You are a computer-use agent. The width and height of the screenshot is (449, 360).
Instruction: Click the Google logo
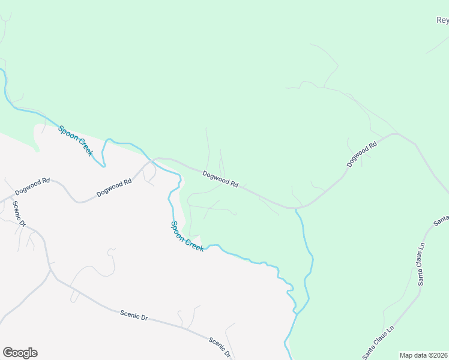pos(20,353)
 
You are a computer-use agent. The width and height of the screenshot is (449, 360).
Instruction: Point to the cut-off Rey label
pos(442,20)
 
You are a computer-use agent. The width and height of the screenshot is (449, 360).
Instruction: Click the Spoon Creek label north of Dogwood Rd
pos(76,140)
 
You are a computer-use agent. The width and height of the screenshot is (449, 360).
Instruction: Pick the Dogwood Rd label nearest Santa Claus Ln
pos(361,154)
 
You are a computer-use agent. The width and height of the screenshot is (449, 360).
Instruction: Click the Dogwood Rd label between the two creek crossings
pos(220,180)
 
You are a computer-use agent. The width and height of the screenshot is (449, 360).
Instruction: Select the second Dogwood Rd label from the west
pos(114,188)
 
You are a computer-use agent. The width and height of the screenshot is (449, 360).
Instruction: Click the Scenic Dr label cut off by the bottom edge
pos(220,347)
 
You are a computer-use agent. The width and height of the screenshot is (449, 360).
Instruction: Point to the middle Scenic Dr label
pos(134,314)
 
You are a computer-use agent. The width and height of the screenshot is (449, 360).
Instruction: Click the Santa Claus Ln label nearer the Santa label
pos(422,263)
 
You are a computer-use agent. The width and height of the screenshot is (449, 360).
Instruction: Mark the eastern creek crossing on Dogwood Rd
pos(295,209)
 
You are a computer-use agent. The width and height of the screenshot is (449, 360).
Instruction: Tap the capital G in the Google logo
pos(8,353)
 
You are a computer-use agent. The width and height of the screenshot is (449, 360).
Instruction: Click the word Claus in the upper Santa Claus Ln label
pos(422,264)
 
